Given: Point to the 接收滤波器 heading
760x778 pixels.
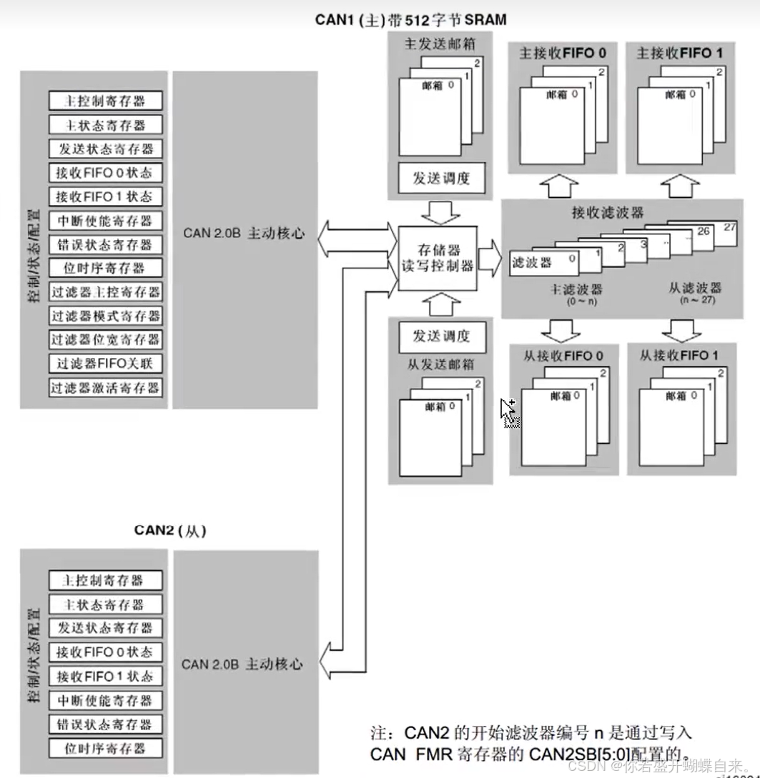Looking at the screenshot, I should point(608,212).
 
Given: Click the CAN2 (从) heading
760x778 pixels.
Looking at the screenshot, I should point(170,530).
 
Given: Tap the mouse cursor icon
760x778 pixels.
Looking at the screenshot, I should point(508,412).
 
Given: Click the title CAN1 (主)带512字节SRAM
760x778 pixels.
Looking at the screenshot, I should point(410,19).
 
